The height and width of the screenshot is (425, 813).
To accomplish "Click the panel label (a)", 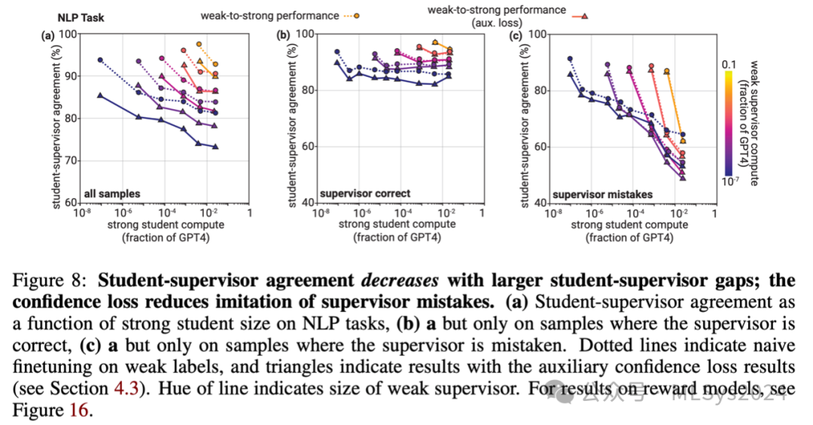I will (x=49, y=34).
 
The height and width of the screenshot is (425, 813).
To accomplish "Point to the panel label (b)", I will (x=284, y=34).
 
